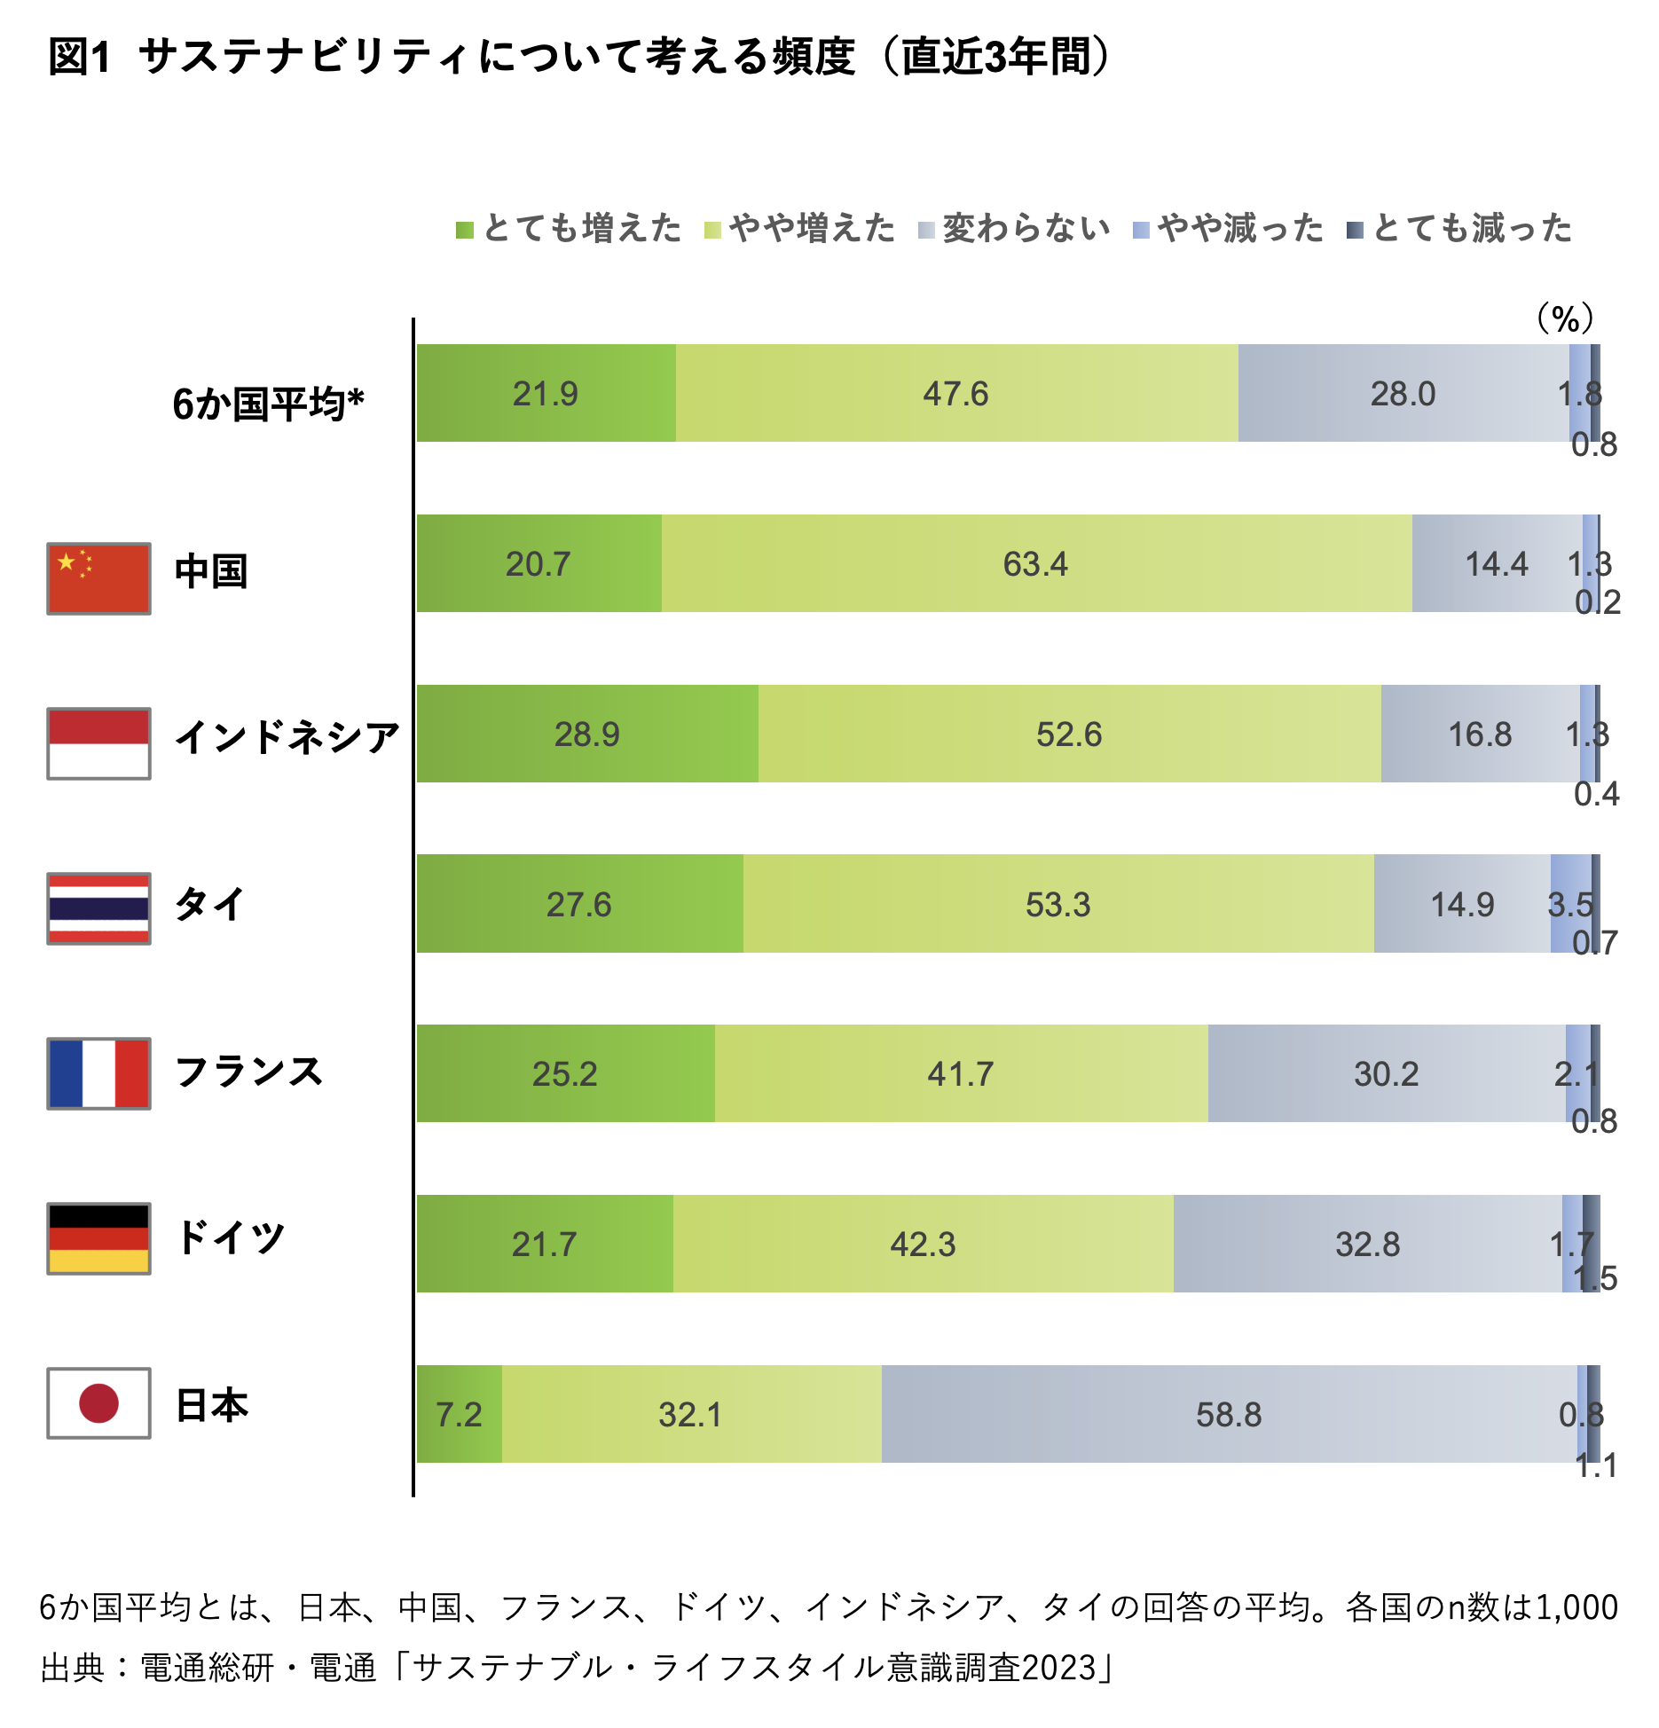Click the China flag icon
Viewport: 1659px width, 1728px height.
(x=98, y=578)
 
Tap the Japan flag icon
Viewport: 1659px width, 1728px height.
(x=98, y=1402)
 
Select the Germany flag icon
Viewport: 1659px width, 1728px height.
(x=98, y=1238)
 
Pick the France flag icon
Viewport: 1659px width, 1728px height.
(x=98, y=1073)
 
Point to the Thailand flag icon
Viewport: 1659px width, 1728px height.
(x=98, y=908)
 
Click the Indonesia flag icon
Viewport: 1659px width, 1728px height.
(x=98, y=743)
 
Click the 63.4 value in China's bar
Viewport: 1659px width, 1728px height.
(x=1035, y=564)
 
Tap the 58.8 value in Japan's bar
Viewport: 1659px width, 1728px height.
(x=1229, y=1415)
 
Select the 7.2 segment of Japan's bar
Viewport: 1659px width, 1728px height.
(x=459, y=1415)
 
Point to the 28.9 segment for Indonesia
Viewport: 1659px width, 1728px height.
(x=586, y=734)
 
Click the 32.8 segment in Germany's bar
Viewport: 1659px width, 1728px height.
(x=1367, y=1245)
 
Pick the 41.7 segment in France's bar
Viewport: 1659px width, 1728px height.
(x=960, y=1074)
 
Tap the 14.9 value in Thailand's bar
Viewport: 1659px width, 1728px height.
(x=1462, y=905)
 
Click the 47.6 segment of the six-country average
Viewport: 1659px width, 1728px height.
(x=955, y=394)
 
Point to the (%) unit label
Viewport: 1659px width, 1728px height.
(x=1565, y=318)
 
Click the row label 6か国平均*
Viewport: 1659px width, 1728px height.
(x=268, y=405)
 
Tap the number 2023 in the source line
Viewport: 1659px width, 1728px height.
(x=1058, y=1668)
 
